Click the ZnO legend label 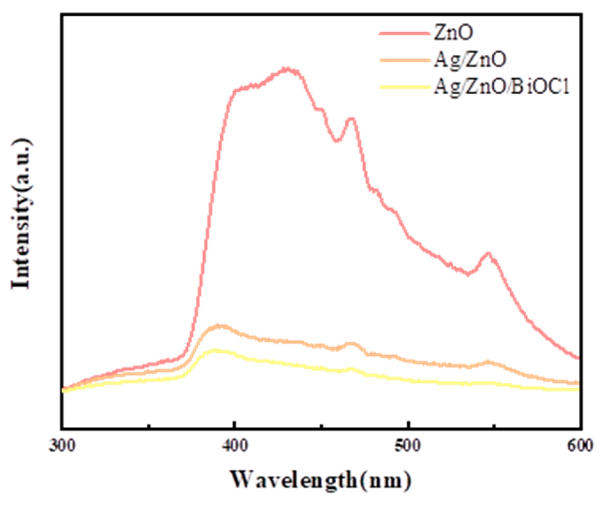(x=453, y=33)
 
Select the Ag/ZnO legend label (x=470, y=60)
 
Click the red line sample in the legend (x=404, y=33)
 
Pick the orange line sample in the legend (x=404, y=60)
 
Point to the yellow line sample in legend (x=404, y=87)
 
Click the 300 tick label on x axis (x=62, y=445)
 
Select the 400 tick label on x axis (x=235, y=445)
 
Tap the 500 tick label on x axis (x=408, y=445)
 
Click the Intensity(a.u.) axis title (x=22, y=214)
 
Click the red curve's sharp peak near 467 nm (x=351, y=119)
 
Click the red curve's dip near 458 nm (x=336, y=141)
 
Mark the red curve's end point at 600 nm (x=579, y=358)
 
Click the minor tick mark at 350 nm (x=149, y=426)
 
